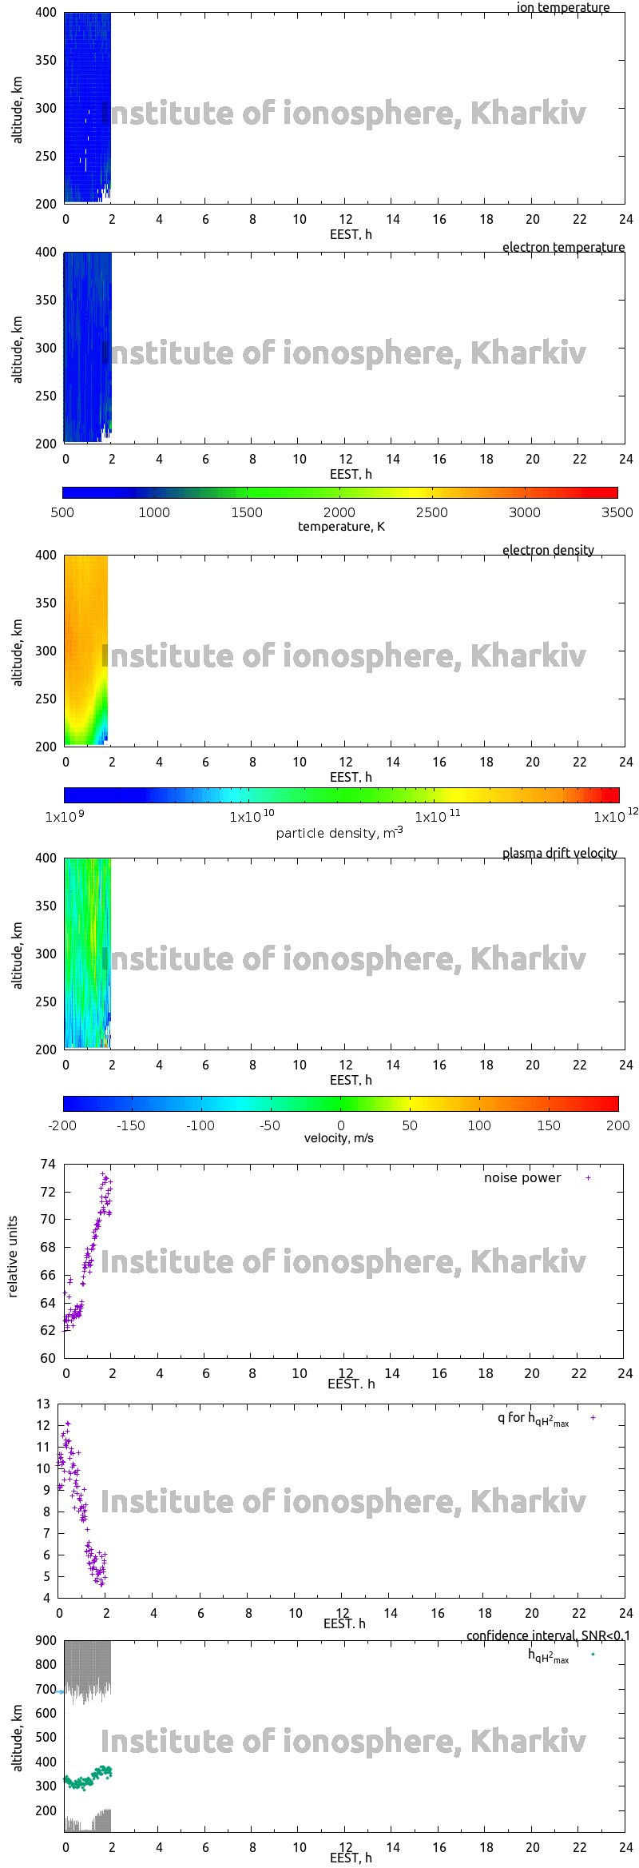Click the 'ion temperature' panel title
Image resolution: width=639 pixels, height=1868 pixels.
[x=562, y=8]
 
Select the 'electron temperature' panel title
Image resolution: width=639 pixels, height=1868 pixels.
[x=563, y=247]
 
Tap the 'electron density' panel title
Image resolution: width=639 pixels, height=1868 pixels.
[x=548, y=550]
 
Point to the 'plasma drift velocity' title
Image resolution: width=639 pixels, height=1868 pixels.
[x=559, y=853]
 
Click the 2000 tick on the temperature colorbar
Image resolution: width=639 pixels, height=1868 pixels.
[x=339, y=512]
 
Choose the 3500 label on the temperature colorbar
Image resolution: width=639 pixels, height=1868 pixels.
[x=617, y=512]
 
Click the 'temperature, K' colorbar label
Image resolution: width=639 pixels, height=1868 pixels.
[x=341, y=526]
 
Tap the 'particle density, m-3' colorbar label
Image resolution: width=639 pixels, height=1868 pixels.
[x=339, y=833]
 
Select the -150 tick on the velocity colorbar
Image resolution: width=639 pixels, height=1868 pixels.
[x=131, y=1125]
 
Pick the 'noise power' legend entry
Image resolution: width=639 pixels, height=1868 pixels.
[x=522, y=1177]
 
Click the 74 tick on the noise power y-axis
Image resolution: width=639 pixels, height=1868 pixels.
[x=48, y=1164]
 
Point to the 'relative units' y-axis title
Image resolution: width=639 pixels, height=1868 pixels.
[x=13, y=1257]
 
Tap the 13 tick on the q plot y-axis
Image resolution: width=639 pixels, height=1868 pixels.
[x=43, y=1404]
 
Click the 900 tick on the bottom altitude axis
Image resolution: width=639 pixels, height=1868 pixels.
[x=46, y=1640]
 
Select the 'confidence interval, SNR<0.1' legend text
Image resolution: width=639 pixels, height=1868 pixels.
[x=548, y=1635]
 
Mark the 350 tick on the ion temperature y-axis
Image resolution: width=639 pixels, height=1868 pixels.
[x=46, y=60]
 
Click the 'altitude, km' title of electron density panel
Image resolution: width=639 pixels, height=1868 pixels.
[x=18, y=652]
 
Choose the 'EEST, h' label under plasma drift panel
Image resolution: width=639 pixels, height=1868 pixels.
[x=351, y=1080]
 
